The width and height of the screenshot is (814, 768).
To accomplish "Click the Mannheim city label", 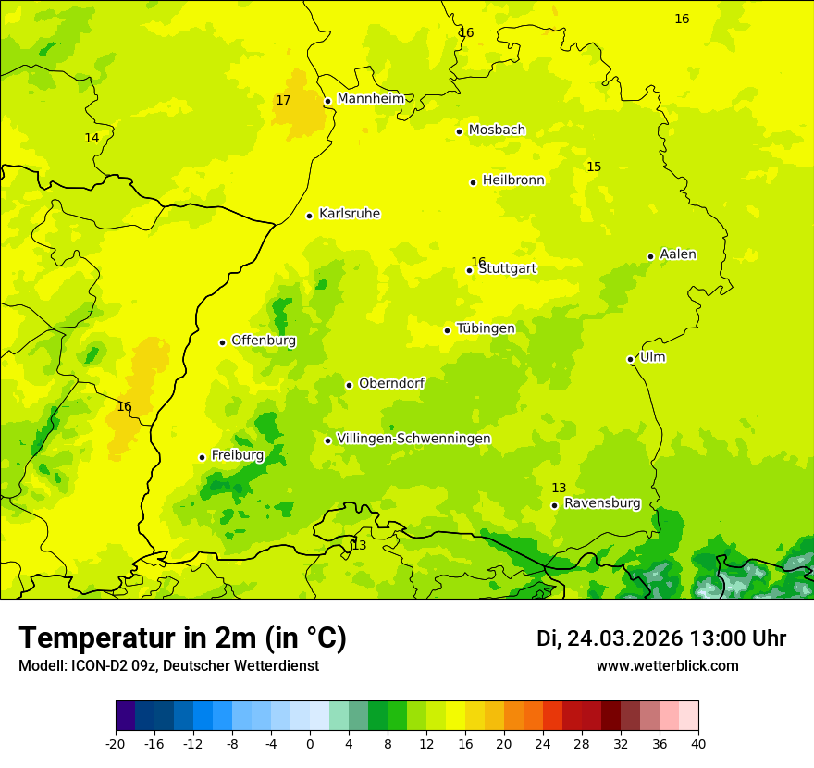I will (x=370, y=99).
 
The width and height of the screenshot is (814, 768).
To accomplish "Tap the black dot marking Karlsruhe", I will (x=309, y=216).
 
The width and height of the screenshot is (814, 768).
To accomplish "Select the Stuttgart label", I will (x=508, y=269).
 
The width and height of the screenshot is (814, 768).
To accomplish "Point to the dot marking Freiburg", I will (x=202, y=457).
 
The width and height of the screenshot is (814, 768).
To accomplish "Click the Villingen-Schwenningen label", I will (x=413, y=439).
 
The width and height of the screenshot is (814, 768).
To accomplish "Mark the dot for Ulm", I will (x=630, y=359).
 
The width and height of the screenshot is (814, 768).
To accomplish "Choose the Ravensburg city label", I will (x=602, y=503).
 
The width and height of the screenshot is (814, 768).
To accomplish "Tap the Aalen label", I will (x=678, y=254).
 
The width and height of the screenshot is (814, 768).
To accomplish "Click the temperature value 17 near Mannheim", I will (x=283, y=100).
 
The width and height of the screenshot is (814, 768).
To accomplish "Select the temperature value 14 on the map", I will (x=92, y=138).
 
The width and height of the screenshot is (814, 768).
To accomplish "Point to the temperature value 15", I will (x=594, y=167).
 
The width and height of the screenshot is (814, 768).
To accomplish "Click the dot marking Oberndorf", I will (x=349, y=385).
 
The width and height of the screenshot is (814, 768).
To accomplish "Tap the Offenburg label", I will (x=264, y=341).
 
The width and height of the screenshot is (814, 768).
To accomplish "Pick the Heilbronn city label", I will (x=513, y=180).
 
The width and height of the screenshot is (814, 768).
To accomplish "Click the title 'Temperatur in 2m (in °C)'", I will (x=182, y=638).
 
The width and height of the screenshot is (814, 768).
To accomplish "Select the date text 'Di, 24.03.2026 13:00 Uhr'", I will (x=660, y=638).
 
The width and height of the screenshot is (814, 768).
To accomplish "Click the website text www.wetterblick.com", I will (x=667, y=665).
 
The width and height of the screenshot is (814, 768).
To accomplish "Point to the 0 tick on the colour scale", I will (x=310, y=743).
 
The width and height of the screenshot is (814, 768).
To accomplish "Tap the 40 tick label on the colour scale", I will (x=697, y=743).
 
